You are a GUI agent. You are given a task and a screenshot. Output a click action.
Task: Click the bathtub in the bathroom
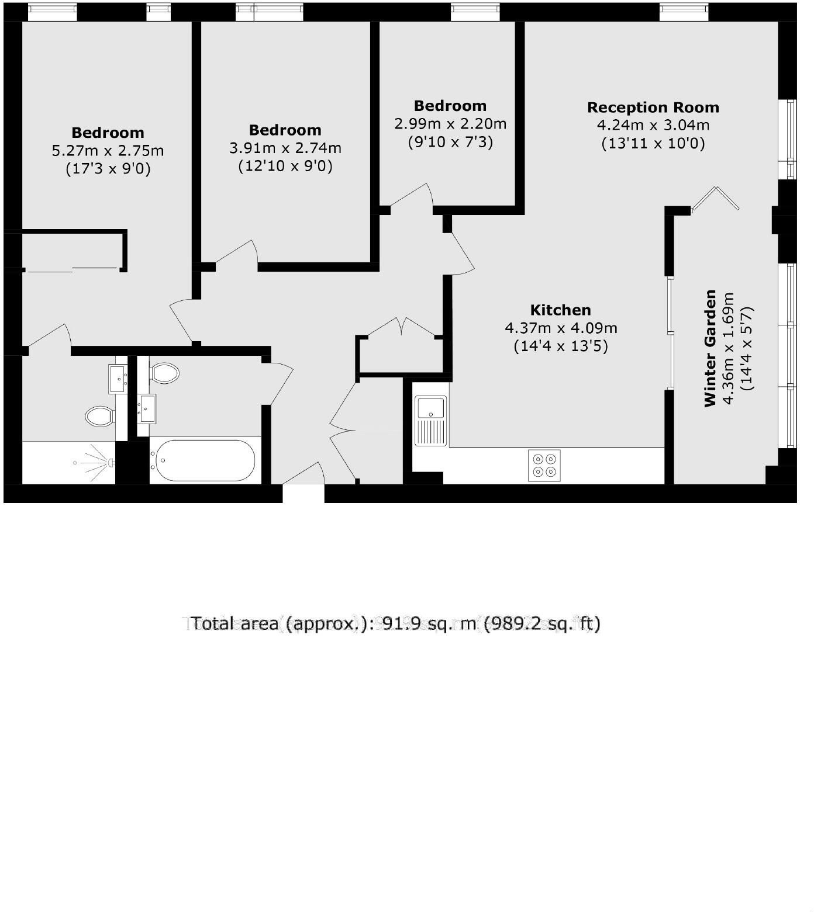pyautogui.click(x=203, y=460)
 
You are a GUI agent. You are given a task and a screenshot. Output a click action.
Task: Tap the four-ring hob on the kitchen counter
pyautogui.click(x=544, y=466)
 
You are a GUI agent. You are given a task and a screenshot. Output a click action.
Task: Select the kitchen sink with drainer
pyautogui.click(x=431, y=421)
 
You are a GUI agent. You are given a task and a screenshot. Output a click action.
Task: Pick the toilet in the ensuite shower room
pyautogui.click(x=99, y=417)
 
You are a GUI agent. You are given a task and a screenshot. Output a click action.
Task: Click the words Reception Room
pyautogui.click(x=653, y=108)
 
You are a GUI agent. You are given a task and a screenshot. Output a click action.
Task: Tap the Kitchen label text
pyautogui.click(x=560, y=310)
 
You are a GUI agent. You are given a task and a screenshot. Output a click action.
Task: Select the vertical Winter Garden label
pyautogui.click(x=710, y=348)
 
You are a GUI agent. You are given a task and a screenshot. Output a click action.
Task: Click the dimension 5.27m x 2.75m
pyautogui.click(x=108, y=151)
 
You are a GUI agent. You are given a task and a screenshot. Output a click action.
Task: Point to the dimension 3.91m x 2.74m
pyautogui.click(x=285, y=148)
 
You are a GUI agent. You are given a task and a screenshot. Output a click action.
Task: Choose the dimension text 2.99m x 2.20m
pyautogui.click(x=450, y=124)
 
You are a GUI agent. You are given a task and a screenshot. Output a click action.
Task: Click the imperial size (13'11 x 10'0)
pyautogui.click(x=653, y=143)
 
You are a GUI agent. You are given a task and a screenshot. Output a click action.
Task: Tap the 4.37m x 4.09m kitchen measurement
pyautogui.click(x=560, y=328)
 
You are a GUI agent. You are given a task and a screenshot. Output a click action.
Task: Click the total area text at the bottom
pyautogui.click(x=395, y=624)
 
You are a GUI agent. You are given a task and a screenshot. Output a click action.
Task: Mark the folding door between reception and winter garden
pyautogui.click(x=715, y=199)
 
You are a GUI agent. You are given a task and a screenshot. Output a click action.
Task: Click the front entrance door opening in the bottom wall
pyautogui.click(x=303, y=493)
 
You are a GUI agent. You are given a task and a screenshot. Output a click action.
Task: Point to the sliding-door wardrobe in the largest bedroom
pyautogui.click(x=73, y=251)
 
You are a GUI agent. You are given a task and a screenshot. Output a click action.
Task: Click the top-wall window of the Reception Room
pyautogui.click(x=684, y=12)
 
